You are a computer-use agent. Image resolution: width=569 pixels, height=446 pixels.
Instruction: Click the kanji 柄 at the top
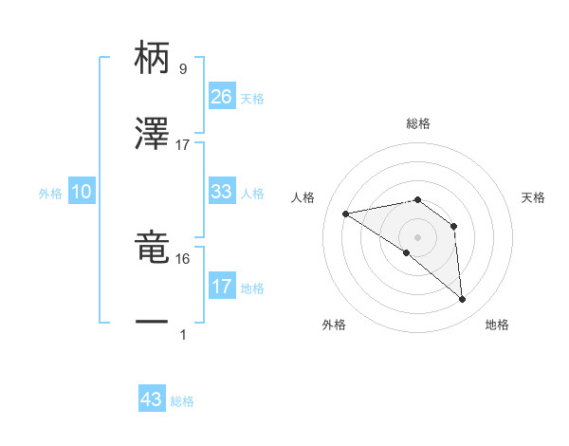152,58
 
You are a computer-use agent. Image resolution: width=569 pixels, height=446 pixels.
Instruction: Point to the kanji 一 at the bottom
152,322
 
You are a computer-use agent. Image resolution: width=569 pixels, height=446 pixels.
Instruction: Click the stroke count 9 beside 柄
182,69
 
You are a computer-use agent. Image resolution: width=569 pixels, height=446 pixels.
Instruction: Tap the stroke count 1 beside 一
182,334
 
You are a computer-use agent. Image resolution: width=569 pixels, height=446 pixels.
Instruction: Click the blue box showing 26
222,97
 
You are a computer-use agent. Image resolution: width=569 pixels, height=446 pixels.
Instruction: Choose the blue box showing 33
222,192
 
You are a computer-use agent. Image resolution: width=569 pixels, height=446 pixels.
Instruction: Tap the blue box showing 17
222,287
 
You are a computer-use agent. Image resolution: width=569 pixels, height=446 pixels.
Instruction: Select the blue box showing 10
82,192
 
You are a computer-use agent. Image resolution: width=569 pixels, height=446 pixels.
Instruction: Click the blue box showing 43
152,400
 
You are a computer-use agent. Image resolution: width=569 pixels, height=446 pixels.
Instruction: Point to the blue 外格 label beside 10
50,194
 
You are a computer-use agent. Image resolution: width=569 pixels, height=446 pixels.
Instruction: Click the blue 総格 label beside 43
182,401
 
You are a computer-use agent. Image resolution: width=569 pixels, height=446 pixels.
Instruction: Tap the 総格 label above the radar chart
418,123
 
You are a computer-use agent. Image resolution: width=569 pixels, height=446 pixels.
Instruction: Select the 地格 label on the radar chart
497,325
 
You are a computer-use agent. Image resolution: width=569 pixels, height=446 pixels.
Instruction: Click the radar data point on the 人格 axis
346,214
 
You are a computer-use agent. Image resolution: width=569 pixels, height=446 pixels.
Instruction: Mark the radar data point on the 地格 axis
463,300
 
